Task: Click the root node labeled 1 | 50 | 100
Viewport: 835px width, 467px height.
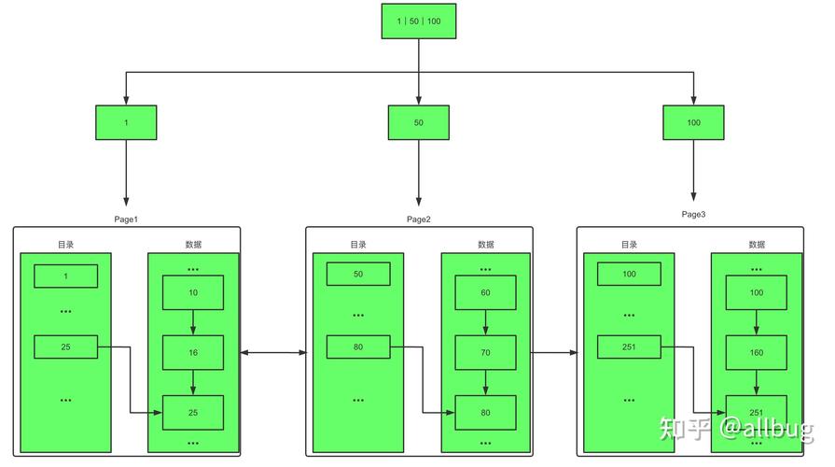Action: tap(418, 21)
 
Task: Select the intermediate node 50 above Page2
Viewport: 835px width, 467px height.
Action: tap(418, 122)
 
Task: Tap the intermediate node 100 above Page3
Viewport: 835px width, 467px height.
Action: tap(693, 122)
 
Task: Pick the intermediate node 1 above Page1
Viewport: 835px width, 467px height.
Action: tap(126, 122)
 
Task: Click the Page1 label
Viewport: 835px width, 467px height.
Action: tap(126, 219)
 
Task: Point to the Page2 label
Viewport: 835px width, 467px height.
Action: tap(419, 219)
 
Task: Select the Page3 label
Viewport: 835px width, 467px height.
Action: tap(693, 214)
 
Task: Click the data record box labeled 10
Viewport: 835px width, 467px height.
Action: tap(193, 292)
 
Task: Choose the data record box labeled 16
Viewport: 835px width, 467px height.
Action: tap(193, 352)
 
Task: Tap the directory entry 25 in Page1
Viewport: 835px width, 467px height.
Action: tap(65, 347)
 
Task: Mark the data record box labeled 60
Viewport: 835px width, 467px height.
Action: tap(485, 292)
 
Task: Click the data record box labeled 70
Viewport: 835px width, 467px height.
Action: tap(485, 352)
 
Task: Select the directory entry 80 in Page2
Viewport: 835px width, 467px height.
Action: tap(358, 347)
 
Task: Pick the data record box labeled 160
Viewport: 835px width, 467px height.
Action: tap(756, 352)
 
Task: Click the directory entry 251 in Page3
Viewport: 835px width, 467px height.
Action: tap(629, 347)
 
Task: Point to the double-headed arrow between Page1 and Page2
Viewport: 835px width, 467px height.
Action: tap(273, 352)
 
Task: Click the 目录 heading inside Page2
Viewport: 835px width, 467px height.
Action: tap(358, 245)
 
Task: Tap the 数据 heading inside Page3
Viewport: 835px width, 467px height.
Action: tap(756, 245)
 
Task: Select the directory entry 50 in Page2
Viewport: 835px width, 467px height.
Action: tap(358, 275)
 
